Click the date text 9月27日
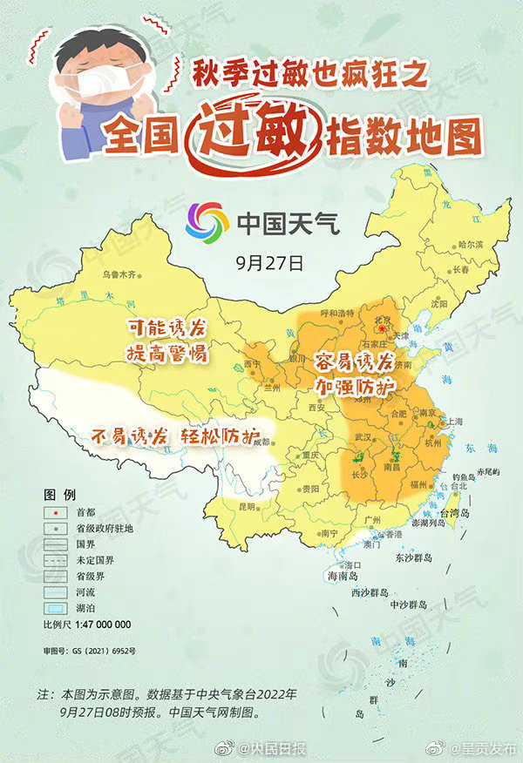(x=261, y=260)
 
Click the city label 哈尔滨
(x=468, y=244)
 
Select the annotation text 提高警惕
(x=165, y=354)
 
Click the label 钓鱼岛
(x=465, y=477)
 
